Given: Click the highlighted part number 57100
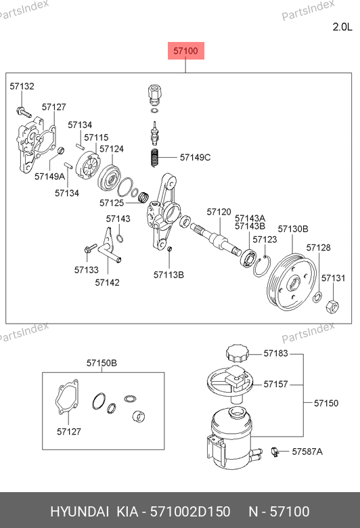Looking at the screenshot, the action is click(186, 51).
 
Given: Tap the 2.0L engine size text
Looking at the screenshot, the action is click(342, 27).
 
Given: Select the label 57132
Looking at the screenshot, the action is click(22, 86).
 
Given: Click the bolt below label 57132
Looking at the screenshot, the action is click(24, 112).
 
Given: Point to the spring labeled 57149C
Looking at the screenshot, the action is click(154, 158).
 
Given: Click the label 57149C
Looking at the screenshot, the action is click(195, 157).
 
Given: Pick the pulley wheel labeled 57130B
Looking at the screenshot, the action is click(292, 282).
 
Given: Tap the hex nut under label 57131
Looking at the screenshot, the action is click(332, 306).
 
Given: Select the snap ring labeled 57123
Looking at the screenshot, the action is click(262, 267).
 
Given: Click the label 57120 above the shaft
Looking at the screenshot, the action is click(219, 212).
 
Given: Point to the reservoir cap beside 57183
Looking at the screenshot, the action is click(238, 353).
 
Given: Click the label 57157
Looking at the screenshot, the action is click(275, 384).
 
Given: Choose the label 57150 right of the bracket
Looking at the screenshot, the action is click(326, 403).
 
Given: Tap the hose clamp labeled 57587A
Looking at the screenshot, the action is click(275, 452).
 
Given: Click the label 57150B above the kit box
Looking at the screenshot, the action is click(102, 363).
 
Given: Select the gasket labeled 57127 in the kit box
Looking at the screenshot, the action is click(67, 397).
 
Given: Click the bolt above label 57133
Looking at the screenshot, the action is click(90, 249).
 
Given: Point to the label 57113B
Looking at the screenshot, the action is click(168, 275).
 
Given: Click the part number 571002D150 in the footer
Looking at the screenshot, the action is click(190, 512).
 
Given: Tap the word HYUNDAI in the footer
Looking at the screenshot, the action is click(79, 512).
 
